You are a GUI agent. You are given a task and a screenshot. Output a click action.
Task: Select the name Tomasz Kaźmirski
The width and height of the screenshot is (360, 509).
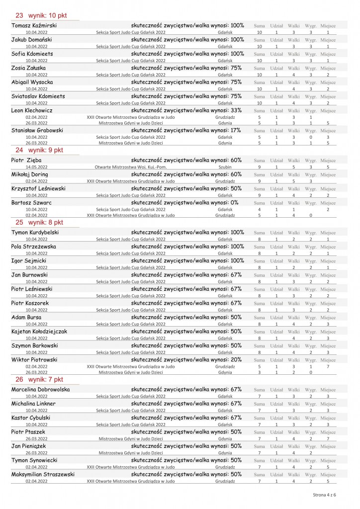33,25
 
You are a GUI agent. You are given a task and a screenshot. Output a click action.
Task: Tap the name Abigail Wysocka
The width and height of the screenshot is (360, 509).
32,82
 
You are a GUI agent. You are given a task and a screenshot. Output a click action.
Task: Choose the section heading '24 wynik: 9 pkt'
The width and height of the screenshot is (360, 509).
39,149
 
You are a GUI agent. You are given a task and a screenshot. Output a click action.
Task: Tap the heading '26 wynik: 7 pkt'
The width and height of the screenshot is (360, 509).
39,379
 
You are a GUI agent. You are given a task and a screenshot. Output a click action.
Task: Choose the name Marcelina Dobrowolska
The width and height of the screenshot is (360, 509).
40,389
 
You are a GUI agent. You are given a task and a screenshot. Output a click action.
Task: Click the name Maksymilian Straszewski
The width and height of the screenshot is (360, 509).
43,475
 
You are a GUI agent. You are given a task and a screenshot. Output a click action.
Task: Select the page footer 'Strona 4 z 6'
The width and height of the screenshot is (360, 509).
324,495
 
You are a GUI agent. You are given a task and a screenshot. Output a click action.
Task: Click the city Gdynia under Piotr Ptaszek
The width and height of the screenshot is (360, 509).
225,439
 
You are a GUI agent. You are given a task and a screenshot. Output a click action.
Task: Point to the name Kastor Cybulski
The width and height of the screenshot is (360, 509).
31,418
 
